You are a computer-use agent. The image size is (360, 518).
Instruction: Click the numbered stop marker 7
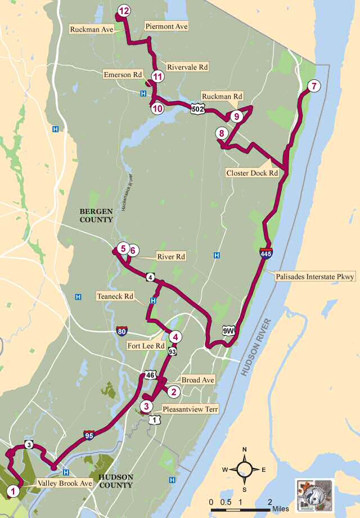pyautogui.click(x=313, y=86)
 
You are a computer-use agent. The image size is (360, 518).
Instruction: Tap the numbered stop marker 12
pyautogui.click(x=124, y=11)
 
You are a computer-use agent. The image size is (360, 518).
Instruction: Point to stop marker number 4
pyautogui.click(x=175, y=337)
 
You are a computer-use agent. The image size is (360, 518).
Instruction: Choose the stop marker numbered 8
pyautogui.click(x=222, y=133)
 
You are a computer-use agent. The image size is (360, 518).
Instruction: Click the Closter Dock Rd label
pyautogui.click(x=252, y=173)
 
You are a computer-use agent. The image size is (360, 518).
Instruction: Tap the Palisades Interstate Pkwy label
pyautogui.click(x=315, y=277)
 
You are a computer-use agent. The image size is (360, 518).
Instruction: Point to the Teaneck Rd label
pyautogui.click(x=115, y=296)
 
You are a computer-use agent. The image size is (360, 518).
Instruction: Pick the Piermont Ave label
pyautogui.click(x=166, y=26)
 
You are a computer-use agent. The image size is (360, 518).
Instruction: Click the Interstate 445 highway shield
pyautogui.click(x=267, y=253)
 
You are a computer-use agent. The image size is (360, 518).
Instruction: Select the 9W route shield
pyautogui.click(x=228, y=331)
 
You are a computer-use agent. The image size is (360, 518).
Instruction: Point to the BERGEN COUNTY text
pyautogui.click(x=97, y=215)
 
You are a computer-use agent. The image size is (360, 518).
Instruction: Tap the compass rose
pyautogui.click(x=245, y=469)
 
